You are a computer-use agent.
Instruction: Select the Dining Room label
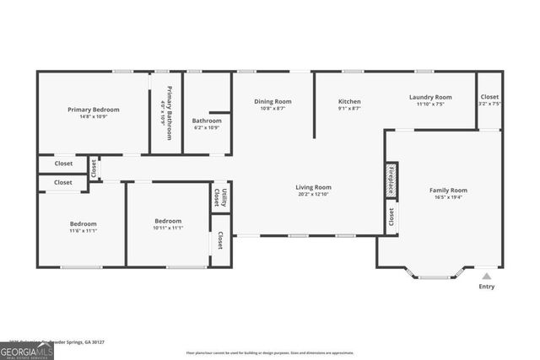(x=273, y=101)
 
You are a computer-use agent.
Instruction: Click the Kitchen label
(x=349, y=101)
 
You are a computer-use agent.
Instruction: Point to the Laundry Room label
(x=430, y=97)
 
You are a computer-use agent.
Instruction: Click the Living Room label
(x=313, y=187)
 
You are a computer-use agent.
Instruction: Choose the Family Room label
(x=448, y=191)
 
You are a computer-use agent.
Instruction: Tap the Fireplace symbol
(x=392, y=180)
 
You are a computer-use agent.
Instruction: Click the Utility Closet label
(x=220, y=197)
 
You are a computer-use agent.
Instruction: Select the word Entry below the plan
(x=487, y=287)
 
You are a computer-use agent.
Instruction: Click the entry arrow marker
(x=487, y=275)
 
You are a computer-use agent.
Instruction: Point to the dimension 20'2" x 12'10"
(x=313, y=196)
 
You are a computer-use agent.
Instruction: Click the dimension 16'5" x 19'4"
(x=448, y=199)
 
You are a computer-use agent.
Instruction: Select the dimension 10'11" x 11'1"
(x=168, y=228)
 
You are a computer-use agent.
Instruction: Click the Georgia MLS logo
(x=27, y=349)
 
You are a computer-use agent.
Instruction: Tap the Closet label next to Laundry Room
(x=489, y=97)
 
